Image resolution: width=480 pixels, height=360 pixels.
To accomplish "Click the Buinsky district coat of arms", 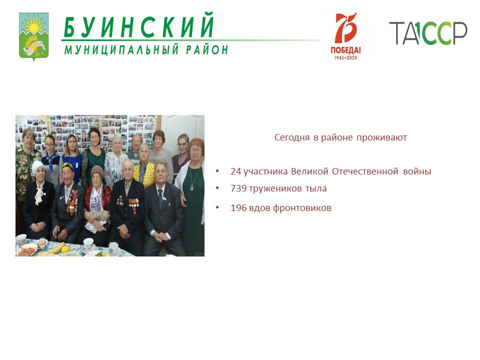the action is [33, 36].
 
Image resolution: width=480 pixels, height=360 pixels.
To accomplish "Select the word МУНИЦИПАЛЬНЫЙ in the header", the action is [121, 49].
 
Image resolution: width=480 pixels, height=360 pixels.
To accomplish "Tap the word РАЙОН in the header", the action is [207, 49].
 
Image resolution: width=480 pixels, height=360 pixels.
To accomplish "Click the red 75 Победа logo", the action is [346, 36].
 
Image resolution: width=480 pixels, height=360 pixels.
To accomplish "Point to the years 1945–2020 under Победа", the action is [345, 57].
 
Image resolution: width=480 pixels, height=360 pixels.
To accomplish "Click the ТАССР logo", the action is [428, 33].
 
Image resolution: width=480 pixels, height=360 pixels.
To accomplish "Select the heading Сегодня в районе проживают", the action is [340, 137].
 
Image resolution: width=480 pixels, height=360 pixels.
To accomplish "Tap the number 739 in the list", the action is [239, 188].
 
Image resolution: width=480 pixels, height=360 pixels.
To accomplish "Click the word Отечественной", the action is [365, 171].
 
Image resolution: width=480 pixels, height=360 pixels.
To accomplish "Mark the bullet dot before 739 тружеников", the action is [217, 188].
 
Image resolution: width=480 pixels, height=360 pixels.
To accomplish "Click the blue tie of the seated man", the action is [160, 198].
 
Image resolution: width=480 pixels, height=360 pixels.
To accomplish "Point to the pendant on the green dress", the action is [192, 187].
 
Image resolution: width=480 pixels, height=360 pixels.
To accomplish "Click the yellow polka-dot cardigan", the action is [144, 175].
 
